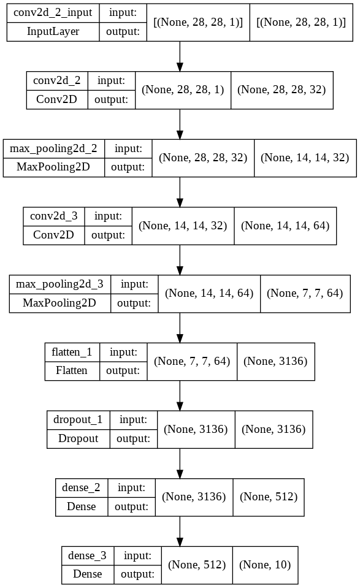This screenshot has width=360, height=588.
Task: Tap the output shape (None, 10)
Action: (265, 565)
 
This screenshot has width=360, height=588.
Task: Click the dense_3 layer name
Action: (88, 556)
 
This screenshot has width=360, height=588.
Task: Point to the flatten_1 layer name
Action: (72, 352)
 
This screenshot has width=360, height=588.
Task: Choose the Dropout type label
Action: (78, 438)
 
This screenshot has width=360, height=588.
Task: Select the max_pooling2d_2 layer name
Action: (54, 148)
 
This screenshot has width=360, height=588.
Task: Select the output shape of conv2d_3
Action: (285, 225)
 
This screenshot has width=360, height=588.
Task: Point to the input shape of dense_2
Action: (193, 497)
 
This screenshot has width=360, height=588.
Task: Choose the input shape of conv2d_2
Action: (183, 90)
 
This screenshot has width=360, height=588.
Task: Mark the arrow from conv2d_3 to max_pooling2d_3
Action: (180, 259)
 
